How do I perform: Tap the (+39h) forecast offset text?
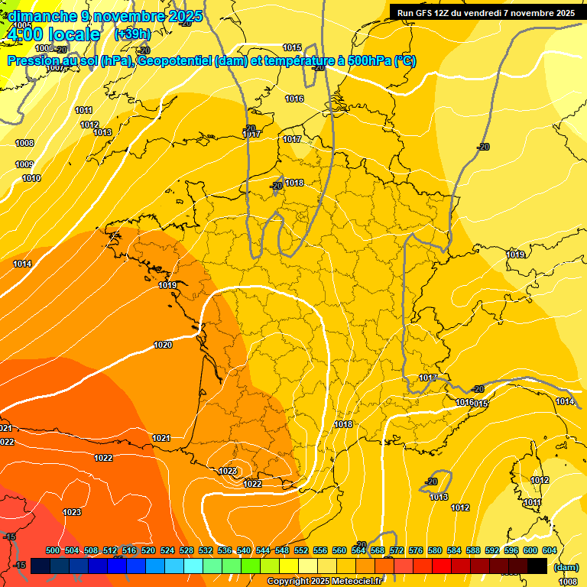pos(132,34)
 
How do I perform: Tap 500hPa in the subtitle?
pos(363,61)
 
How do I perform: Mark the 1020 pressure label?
pos(163,345)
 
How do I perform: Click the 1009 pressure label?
pos(24,164)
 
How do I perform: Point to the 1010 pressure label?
pos(31,178)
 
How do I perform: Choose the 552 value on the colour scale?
pos(301,550)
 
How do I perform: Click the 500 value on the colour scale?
pos(53,550)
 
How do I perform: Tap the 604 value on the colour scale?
pos(550,550)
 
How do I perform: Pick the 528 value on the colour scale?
pos(186,550)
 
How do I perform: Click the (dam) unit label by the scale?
pos(565,567)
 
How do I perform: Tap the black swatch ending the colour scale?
pos(537,566)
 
